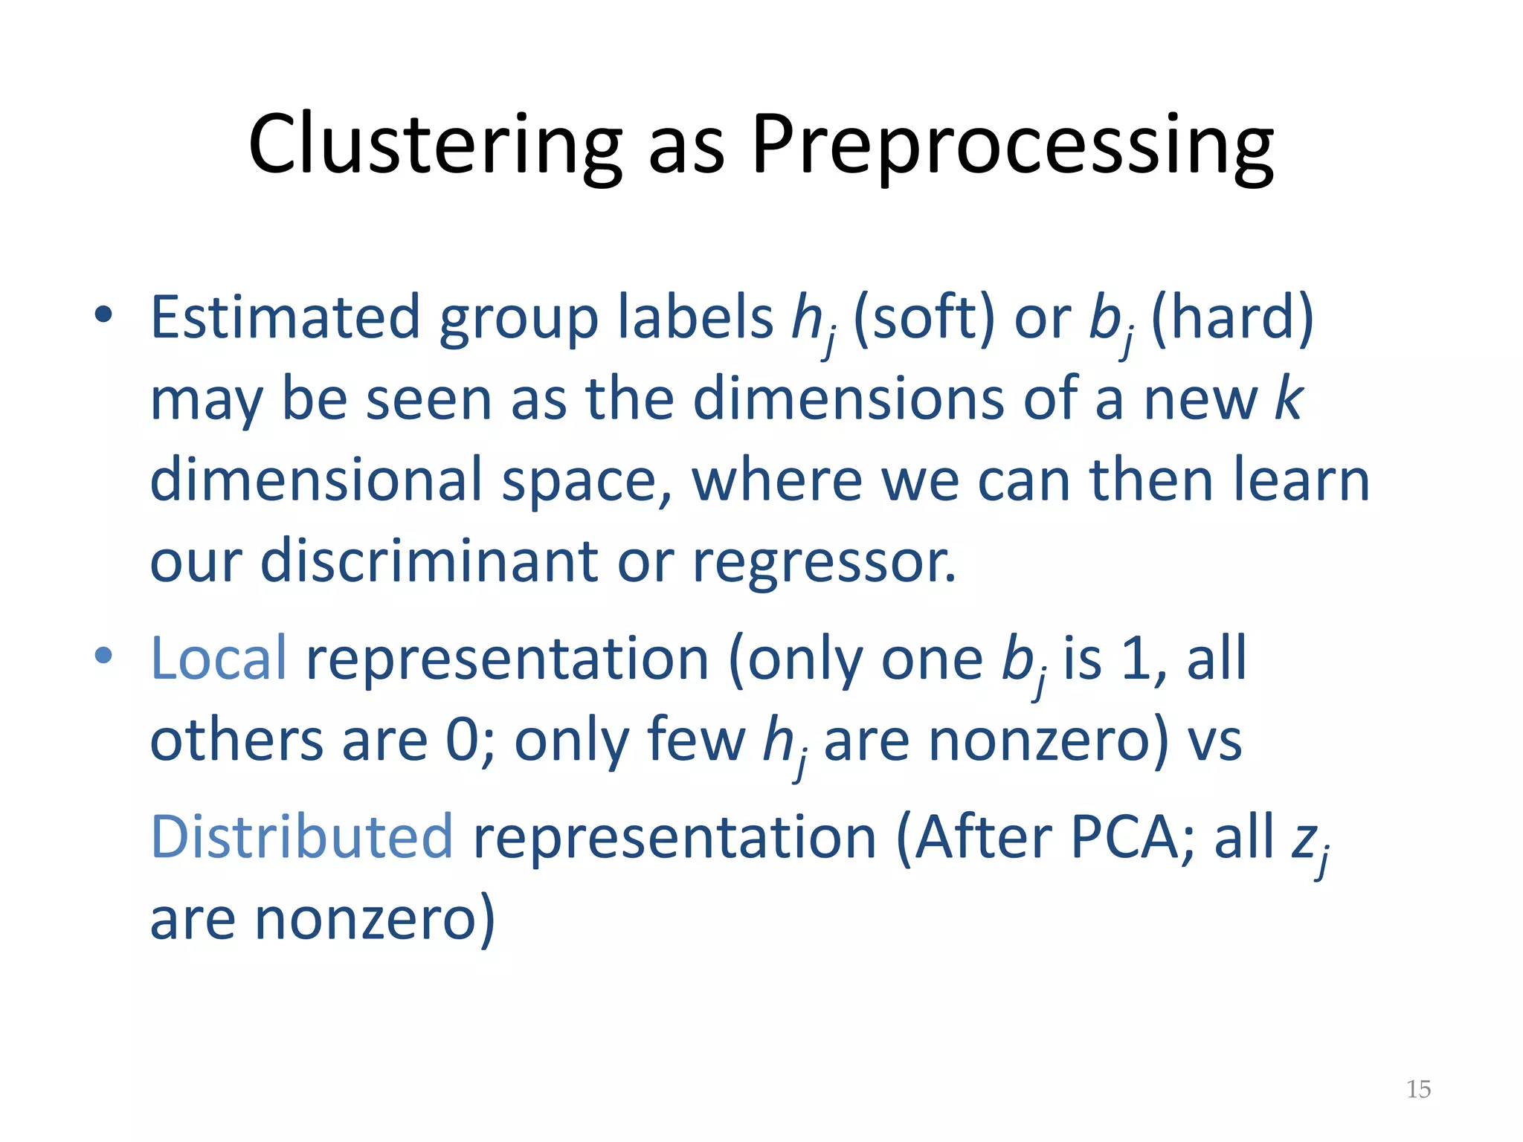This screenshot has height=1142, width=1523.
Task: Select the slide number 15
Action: pos(1418,1089)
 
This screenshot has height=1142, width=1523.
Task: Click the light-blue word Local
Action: pos(218,659)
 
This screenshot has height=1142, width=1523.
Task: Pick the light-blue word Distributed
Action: pos(301,837)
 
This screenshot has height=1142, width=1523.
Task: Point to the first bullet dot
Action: pos(103,314)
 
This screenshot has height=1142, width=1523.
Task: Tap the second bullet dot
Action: pos(103,656)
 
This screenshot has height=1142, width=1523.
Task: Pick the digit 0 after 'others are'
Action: pos(462,741)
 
